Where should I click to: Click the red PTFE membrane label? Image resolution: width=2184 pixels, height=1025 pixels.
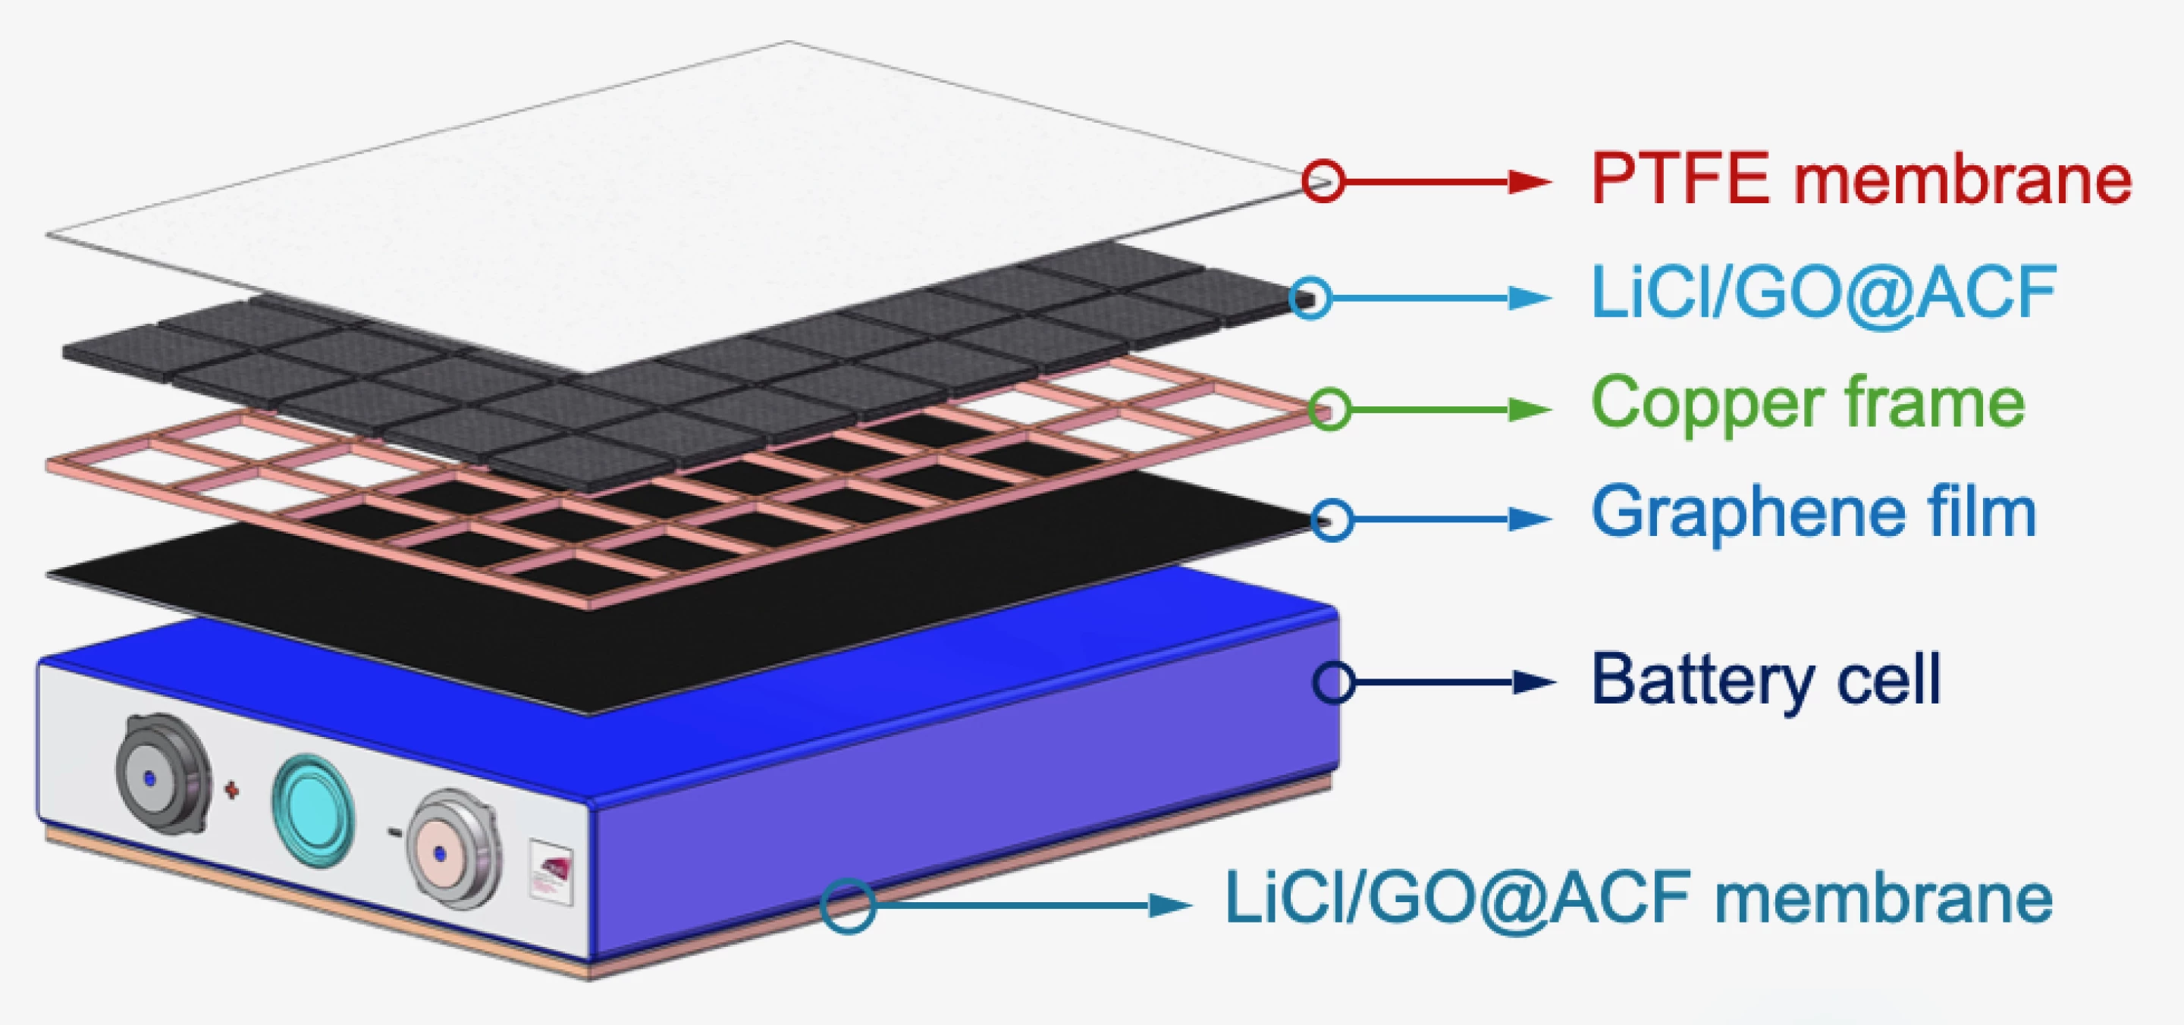coord(1861,179)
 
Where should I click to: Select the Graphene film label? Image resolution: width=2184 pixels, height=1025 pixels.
coord(1813,512)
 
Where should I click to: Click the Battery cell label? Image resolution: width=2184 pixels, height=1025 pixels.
coord(1766,680)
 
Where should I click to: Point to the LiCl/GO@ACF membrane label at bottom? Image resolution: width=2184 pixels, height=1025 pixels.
coord(1638,898)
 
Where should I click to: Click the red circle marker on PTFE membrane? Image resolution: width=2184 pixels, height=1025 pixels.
coord(1323,180)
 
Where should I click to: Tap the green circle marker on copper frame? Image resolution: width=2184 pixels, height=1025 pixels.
coord(1329,409)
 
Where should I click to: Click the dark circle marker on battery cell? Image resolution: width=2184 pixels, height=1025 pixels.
coord(1334,682)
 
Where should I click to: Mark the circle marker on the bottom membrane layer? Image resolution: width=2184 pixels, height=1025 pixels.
coord(847,905)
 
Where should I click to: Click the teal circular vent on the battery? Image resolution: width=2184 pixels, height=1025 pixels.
coord(313,810)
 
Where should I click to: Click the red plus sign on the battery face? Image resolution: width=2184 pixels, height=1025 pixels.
coord(231,790)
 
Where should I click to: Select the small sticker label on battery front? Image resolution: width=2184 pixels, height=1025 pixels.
coord(551,872)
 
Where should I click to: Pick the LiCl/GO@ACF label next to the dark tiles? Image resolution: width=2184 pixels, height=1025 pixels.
coord(1824,293)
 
